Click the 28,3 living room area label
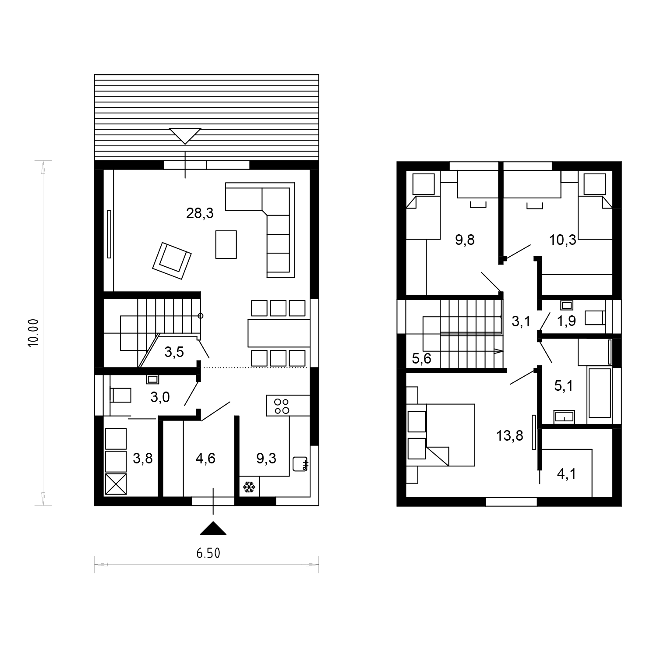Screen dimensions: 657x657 (x=200, y=214)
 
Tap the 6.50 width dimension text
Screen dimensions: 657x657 (x=208, y=554)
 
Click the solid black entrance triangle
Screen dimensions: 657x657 (x=213, y=529)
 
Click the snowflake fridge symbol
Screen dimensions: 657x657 (x=249, y=487)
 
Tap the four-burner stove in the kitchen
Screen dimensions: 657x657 (x=280, y=406)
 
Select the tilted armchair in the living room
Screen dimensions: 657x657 (x=172, y=261)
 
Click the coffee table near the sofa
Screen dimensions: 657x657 (x=226, y=244)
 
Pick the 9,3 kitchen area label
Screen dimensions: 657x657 (x=266, y=459)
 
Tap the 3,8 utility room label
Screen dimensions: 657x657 (x=143, y=459)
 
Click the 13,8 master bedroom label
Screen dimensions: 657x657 (x=510, y=436)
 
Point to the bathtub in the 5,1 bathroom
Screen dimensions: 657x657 (x=600, y=393)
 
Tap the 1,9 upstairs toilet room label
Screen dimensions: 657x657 (x=566, y=321)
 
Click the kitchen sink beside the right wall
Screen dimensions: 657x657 (x=301, y=464)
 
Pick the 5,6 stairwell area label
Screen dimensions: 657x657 (x=422, y=359)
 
